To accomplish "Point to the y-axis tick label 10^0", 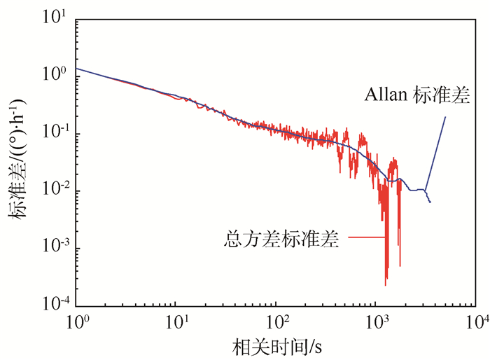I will pos(54,75).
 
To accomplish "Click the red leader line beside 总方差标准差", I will pos(364,238).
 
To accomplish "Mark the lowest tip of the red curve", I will pos(386,284).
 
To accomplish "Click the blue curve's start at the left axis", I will pos(76,69).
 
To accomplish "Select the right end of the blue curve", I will pos(430,202).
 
